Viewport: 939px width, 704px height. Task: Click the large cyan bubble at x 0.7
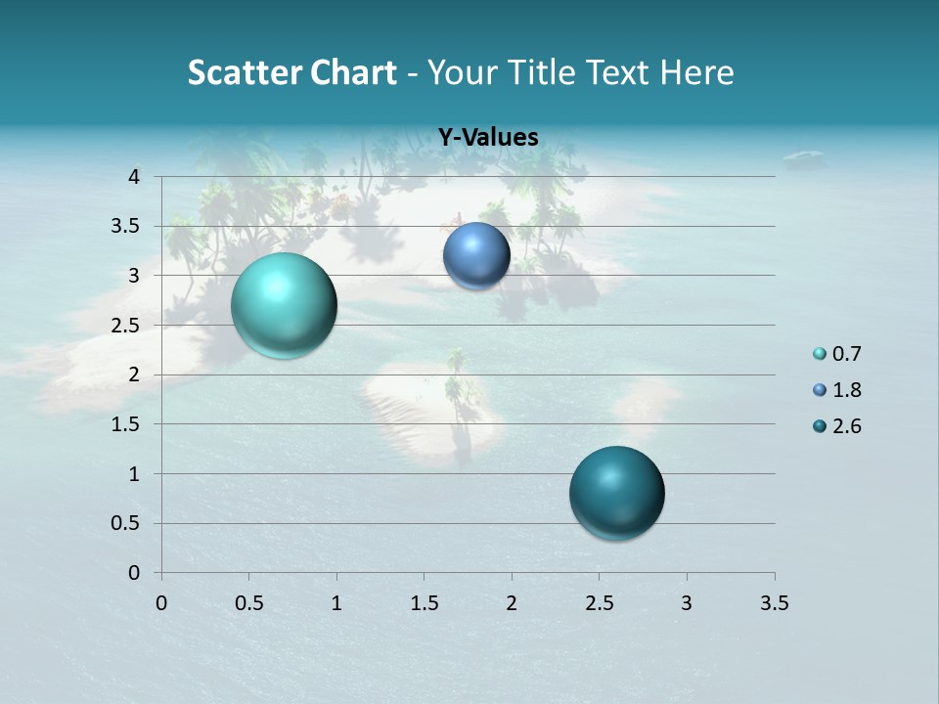[x=284, y=305]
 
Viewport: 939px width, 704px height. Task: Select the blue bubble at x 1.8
[x=476, y=256]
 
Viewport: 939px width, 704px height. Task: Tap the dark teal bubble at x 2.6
[x=616, y=493]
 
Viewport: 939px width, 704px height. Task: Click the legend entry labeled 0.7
[x=846, y=354]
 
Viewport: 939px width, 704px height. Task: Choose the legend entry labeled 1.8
[x=846, y=390]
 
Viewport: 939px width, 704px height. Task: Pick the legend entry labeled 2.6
[x=846, y=426]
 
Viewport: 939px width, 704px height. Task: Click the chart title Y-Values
[x=487, y=138]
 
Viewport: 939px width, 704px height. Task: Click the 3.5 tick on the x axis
[x=774, y=603]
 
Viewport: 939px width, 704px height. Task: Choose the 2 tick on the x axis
[x=512, y=603]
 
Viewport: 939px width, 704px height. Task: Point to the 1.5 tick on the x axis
[x=424, y=603]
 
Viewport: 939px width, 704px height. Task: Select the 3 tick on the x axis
[x=687, y=603]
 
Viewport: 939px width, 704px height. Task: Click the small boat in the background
[x=803, y=155]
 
